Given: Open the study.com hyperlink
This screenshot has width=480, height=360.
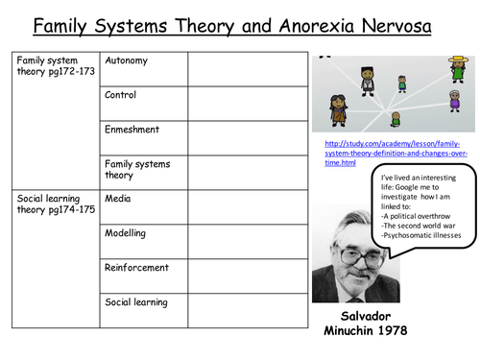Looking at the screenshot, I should coord(396,153).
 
